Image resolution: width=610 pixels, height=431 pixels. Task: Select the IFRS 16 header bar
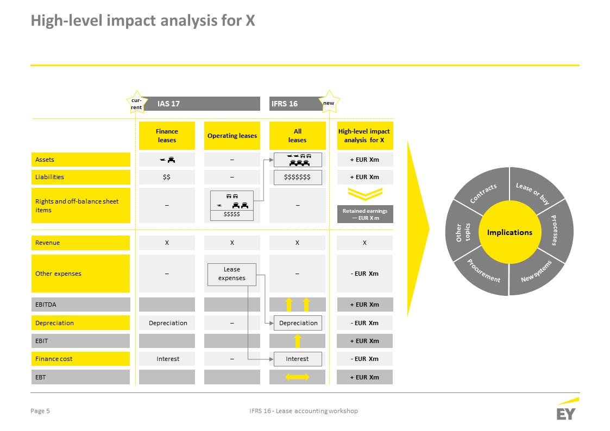[295, 104]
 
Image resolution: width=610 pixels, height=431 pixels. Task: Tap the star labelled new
[329, 102]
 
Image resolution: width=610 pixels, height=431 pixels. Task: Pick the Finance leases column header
[167, 136]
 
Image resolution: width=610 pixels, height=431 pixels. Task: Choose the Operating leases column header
[232, 136]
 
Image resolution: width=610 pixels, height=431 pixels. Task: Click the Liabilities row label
[80, 177]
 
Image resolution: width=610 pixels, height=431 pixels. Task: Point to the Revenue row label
[80, 243]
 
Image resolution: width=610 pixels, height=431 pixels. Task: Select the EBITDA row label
[80, 305]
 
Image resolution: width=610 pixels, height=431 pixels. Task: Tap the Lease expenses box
[232, 274]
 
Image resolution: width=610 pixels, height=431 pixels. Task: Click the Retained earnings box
[365, 214]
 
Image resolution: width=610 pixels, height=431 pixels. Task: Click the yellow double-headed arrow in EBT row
[297, 377]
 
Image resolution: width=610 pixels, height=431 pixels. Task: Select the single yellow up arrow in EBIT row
[298, 341]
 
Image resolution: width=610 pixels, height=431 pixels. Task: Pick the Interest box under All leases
[298, 359]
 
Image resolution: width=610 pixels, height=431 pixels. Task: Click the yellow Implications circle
[510, 232]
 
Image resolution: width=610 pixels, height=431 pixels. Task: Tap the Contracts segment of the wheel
[483, 191]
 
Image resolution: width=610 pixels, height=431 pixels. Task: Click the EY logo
[567, 409]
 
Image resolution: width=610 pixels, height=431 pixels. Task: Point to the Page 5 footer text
[40, 411]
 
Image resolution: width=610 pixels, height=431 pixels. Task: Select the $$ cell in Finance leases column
[167, 177]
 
